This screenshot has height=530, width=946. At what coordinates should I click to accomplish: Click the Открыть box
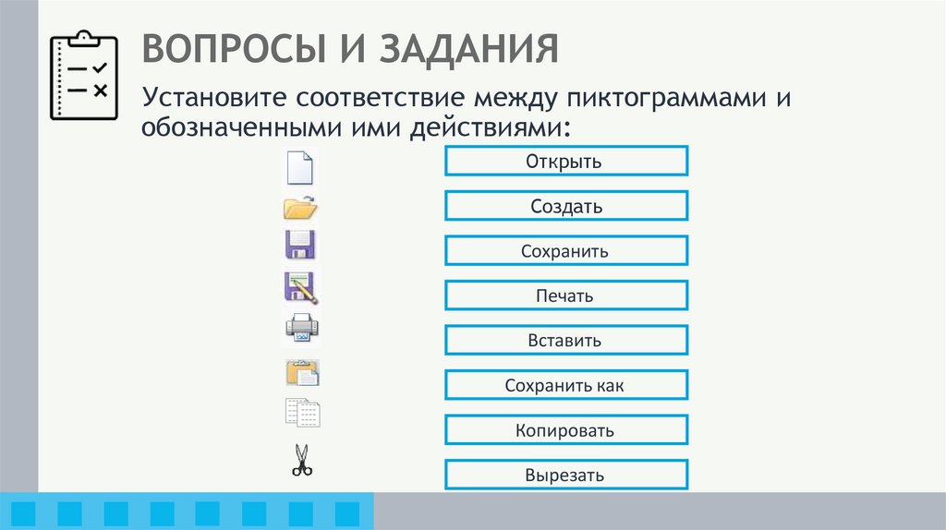coord(565,162)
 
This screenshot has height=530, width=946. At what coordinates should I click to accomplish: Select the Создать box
coord(565,206)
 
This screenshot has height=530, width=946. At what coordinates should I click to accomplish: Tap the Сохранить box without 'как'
coord(565,251)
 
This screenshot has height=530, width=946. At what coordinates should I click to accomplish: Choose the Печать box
coord(565,295)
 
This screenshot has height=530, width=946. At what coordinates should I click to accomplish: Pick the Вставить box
coord(565,340)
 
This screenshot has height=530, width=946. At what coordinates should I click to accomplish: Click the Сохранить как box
coord(565,385)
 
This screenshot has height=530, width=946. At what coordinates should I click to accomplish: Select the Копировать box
coord(565,430)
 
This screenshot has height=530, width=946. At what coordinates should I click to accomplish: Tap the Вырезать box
coord(565,475)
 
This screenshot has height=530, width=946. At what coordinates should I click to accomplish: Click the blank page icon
coord(301,167)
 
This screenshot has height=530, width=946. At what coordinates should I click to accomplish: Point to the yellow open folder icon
coord(301,208)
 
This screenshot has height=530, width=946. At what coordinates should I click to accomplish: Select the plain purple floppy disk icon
coord(301,246)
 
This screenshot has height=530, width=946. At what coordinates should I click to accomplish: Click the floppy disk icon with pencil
coord(301,288)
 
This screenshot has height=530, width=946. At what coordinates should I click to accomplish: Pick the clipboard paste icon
coord(302,372)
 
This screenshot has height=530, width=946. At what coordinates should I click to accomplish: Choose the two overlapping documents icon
coord(302,412)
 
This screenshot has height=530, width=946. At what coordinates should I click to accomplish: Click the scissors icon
coord(302,460)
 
